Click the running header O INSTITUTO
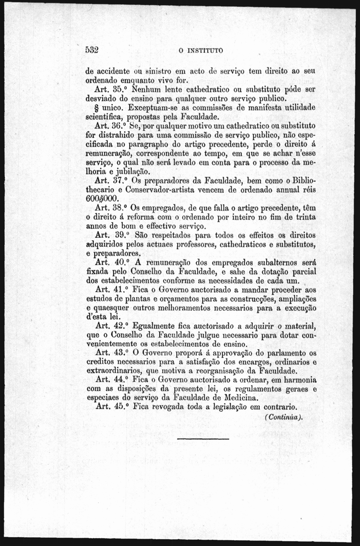201,50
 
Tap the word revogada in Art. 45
170,407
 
